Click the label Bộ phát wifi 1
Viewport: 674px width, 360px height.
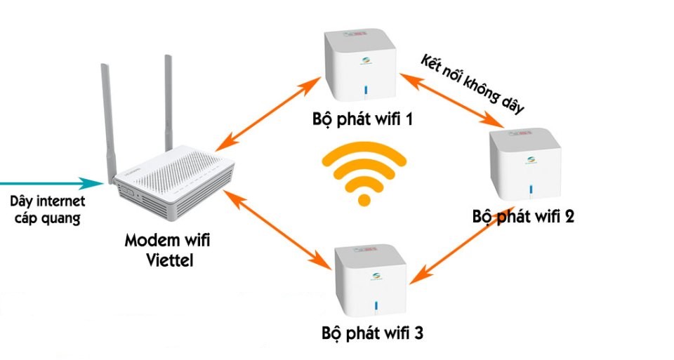362,119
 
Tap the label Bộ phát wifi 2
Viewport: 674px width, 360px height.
523,216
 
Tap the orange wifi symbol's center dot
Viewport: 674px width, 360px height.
364,200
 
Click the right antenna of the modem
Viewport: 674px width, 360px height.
168,98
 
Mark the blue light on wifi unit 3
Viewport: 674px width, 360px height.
376,305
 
